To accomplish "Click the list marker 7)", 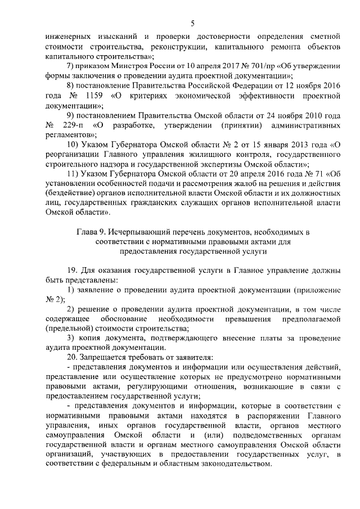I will click(71, 66).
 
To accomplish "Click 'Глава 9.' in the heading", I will click(91, 232).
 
